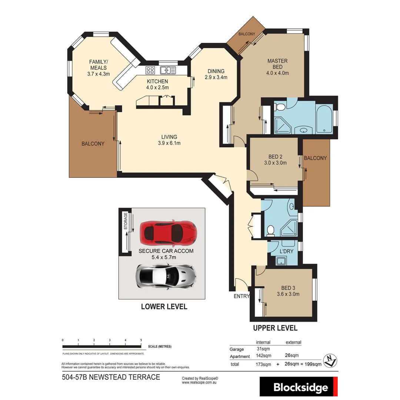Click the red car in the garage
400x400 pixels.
(169, 233)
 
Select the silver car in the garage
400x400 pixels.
(166, 276)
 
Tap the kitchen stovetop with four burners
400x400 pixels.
(150, 70)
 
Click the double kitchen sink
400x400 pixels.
(168, 70)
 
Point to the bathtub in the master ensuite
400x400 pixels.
(324, 119)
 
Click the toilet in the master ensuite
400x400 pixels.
(280, 108)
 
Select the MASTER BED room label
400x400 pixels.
(277, 67)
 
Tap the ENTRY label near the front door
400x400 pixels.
(241, 296)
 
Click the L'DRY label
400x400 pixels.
(286, 251)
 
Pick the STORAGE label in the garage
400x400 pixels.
(126, 221)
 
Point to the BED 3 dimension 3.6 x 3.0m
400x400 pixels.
(288, 294)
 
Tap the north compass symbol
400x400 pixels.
(329, 360)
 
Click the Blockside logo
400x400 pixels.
(301, 387)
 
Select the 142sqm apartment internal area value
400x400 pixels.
(263, 356)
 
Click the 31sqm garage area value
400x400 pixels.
(263, 349)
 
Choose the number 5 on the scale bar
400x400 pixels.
(141, 340)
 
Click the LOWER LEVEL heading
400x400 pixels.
(164, 307)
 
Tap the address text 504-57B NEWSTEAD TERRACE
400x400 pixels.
(111, 377)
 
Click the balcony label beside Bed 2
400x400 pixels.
(315, 158)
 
